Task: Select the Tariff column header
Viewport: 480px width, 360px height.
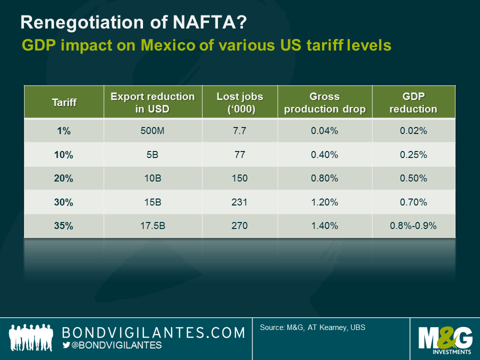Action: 63,102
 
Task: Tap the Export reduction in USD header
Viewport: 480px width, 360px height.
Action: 152,102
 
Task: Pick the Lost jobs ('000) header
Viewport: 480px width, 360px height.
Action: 239,102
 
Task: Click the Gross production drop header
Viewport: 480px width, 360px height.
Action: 324,102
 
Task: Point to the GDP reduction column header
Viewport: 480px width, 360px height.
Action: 413,102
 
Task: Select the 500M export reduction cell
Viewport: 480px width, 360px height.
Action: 152,131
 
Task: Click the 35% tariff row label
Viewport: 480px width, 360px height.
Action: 63,225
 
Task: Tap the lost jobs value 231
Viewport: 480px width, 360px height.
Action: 239,202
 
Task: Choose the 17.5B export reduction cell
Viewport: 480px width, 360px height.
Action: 152,225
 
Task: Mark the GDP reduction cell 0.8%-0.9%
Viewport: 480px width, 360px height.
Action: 413,225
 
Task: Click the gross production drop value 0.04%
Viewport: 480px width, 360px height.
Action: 324,131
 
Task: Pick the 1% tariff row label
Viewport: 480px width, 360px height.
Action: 63,131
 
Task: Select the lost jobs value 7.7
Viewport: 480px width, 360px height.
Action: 239,131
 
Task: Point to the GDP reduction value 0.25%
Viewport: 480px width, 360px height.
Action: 413,154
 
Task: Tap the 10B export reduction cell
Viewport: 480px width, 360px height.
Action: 152,178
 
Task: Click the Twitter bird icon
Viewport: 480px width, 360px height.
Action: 66,345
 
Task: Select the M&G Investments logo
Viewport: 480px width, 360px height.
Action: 444,339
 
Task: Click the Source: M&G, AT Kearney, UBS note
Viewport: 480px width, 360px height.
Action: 312,328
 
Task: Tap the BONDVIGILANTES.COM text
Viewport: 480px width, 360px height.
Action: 153,332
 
